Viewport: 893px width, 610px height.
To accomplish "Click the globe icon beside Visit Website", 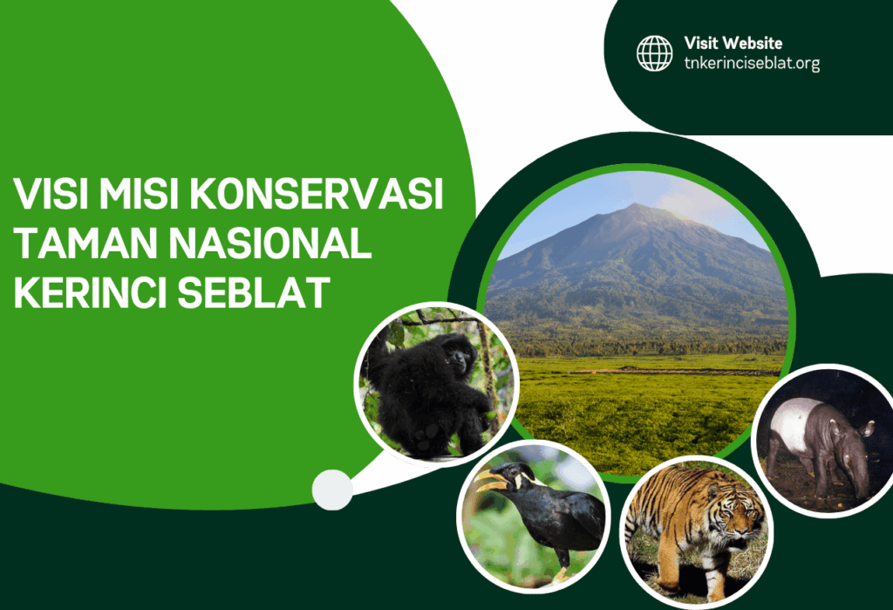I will tap(654, 52).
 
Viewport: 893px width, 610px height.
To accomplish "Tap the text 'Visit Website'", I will tap(733, 43).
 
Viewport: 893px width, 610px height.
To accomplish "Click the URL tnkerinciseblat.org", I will tap(752, 63).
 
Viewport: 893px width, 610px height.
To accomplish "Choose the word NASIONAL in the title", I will tap(267, 243).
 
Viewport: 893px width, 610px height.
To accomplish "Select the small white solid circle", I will tap(332, 490).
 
